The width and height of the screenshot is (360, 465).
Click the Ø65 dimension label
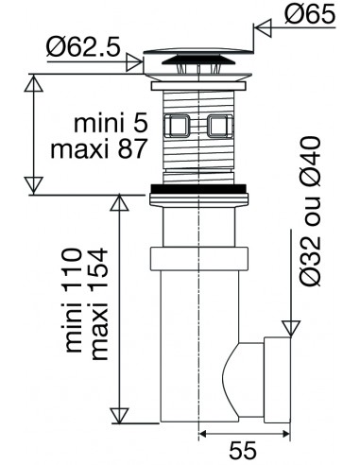click(310, 14)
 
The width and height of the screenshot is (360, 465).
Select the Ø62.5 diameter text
click(83, 47)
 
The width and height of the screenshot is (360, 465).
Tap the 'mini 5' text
click(111, 124)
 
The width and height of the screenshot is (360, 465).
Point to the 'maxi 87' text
click(99, 148)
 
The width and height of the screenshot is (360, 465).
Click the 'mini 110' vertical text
click(72, 301)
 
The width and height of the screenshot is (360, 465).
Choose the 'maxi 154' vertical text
click(98, 304)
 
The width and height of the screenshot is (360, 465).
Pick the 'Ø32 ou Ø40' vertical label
click(310, 211)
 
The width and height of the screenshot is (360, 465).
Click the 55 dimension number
click(243, 450)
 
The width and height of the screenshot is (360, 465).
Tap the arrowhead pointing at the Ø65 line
click(263, 27)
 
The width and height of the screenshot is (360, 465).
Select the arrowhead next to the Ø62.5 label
click(134, 61)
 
